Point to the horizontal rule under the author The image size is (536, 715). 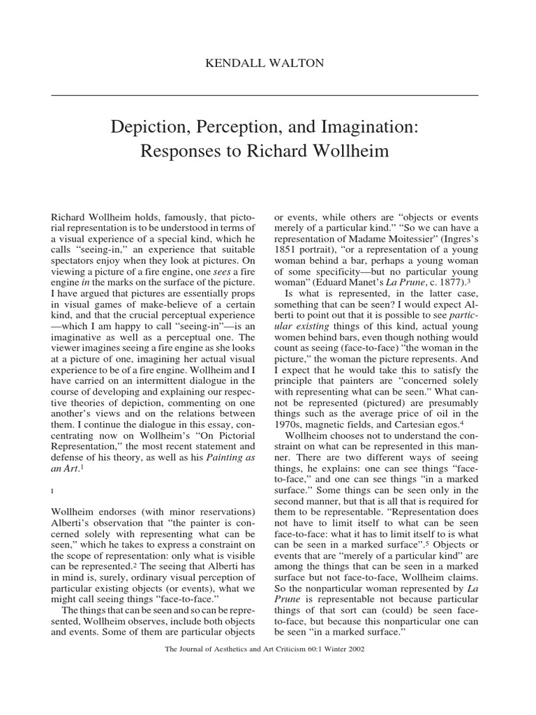[268, 94]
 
